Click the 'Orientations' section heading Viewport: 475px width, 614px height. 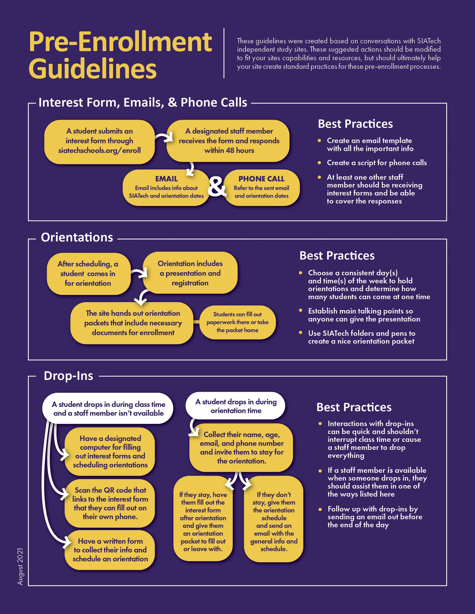point(77,237)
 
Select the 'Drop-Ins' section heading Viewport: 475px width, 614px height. point(68,376)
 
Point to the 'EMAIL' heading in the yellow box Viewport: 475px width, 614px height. point(166,179)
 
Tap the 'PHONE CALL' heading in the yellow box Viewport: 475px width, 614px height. point(261,179)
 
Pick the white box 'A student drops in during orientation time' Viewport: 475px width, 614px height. point(236,406)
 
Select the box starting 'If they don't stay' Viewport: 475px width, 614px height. point(274,522)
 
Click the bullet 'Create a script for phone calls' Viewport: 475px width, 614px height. point(377,163)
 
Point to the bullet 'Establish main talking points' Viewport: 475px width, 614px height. point(364,315)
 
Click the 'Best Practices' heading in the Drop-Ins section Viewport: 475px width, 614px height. point(354,407)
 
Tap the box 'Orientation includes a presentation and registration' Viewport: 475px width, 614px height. point(190,273)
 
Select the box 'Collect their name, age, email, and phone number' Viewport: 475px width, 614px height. point(241,448)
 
